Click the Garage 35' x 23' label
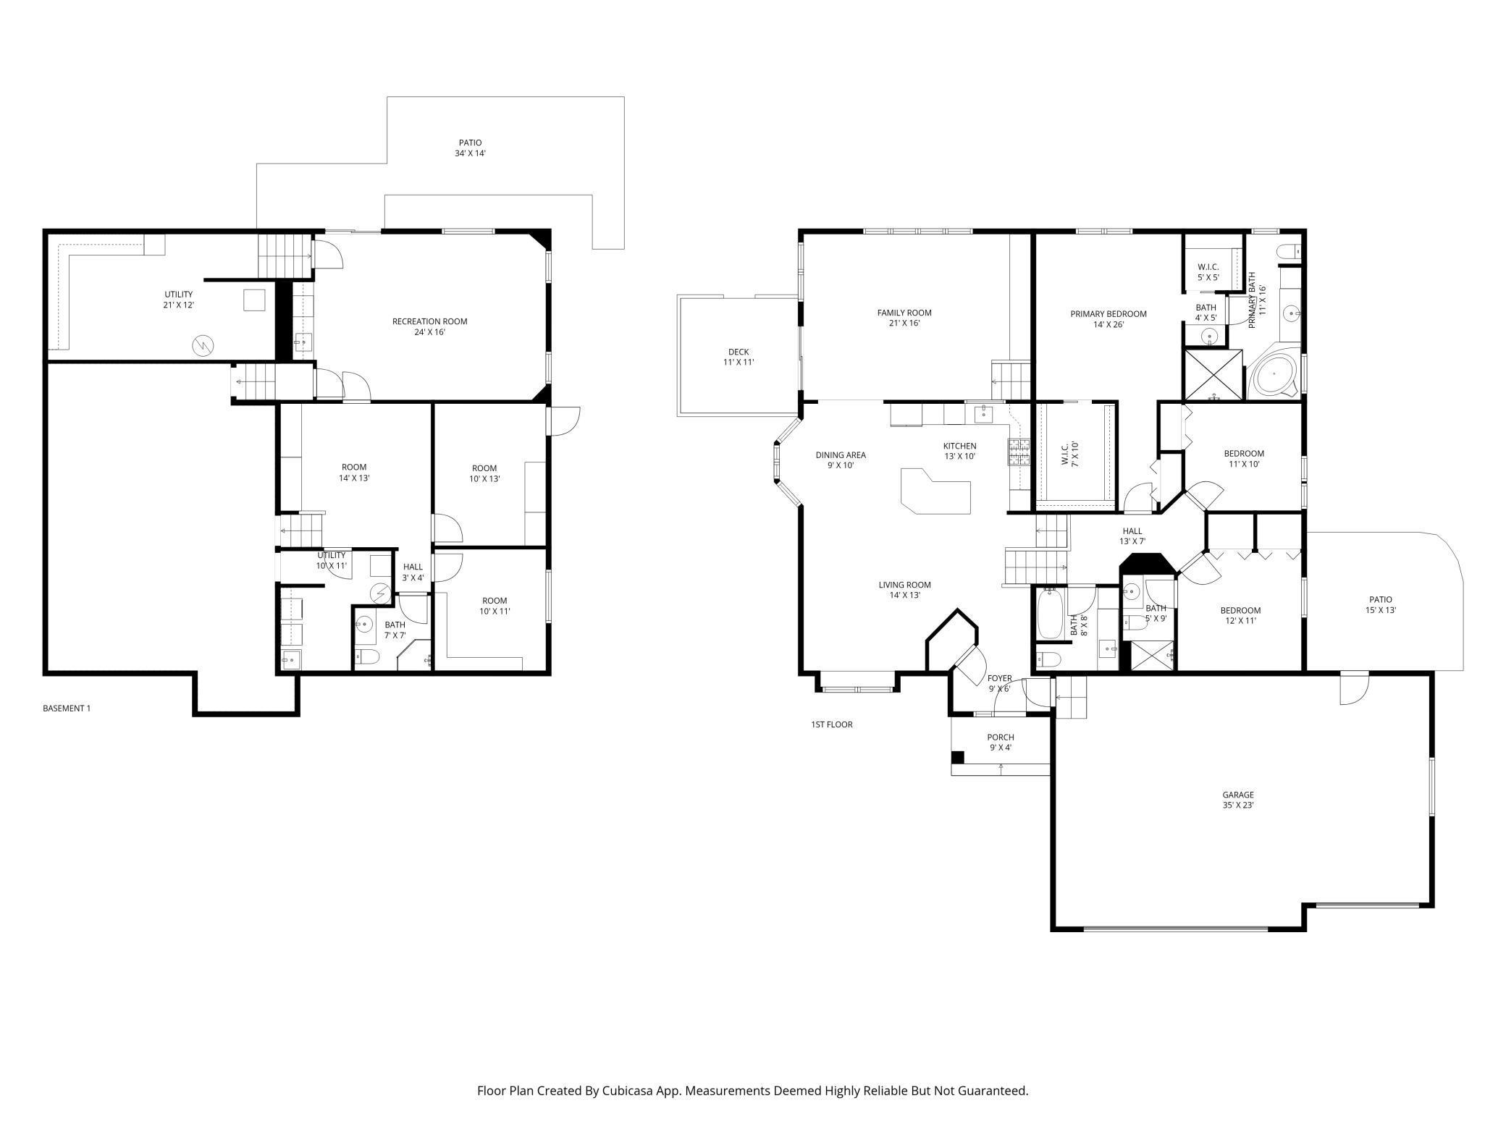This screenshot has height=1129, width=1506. pyautogui.click(x=1238, y=800)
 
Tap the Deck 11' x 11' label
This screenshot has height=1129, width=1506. pyautogui.click(x=739, y=357)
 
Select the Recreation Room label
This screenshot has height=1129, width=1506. pyautogui.click(x=429, y=321)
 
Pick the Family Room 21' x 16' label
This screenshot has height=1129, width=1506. pyautogui.click(x=904, y=318)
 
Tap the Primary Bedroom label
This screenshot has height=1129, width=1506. pyautogui.click(x=1109, y=314)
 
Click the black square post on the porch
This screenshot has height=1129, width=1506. pyautogui.click(x=957, y=757)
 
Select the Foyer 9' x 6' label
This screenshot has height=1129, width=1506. pyautogui.click(x=1000, y=683)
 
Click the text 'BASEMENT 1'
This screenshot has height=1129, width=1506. pyautogui.click(x=67, y=709)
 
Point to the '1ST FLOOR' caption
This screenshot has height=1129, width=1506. pyautogui.click(x=832, y=724)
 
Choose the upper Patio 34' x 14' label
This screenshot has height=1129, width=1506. pyautogui.click(x=470, y=148)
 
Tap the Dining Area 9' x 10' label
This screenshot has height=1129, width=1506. pyautogui.click(x=841, y=460)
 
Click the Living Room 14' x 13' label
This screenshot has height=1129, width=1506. pyautogui.click(x=904, y=590)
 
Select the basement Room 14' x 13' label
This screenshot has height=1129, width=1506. pyautogui.click(x=354, y=472)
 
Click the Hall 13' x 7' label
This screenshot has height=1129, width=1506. pyautogui.click(x=1132, y=536)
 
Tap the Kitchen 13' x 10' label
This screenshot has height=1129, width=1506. pyautogui.click(x=959, y=451)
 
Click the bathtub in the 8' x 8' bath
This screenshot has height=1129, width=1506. pyautogui.click(x=1048, y=614)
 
